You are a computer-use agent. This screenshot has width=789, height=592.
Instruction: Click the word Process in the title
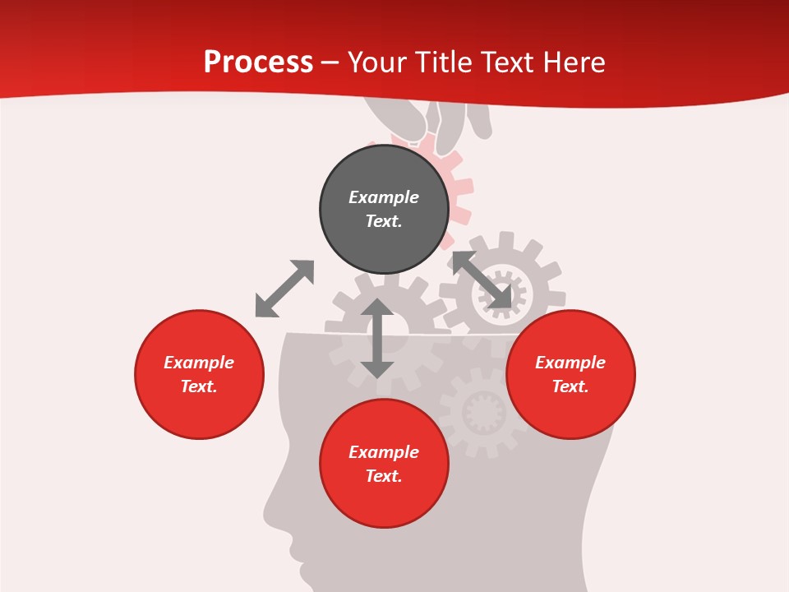258,62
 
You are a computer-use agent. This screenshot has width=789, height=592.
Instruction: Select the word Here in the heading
573,62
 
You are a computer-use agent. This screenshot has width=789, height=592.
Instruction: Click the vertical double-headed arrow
377,338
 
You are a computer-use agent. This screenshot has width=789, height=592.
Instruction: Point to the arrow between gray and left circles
284,289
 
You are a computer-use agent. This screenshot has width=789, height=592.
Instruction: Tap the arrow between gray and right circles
482,280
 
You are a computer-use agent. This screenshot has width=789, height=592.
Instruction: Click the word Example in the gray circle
384,197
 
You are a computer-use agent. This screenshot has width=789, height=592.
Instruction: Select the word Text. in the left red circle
199,386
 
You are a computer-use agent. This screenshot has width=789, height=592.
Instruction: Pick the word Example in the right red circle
570,363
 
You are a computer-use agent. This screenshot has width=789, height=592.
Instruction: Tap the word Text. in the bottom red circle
384,476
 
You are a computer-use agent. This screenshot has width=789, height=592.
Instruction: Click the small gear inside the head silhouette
482,411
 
